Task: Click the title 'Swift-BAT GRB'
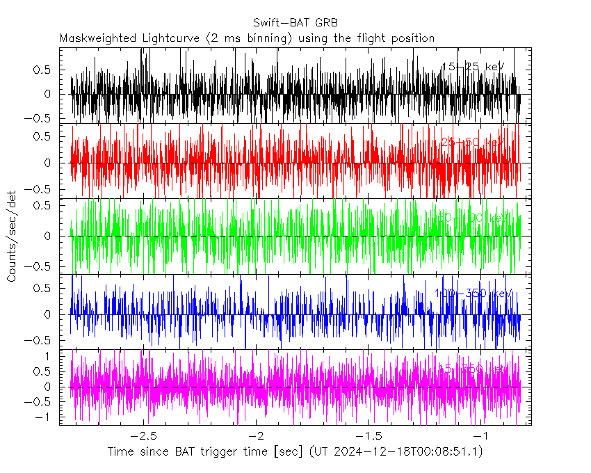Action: (295, 22)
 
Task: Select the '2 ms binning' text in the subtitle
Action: (256, 38)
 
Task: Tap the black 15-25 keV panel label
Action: (473, 67)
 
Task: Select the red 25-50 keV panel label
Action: (472, 142)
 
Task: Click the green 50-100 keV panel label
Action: (470, 218)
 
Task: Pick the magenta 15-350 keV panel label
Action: (470, 367)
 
